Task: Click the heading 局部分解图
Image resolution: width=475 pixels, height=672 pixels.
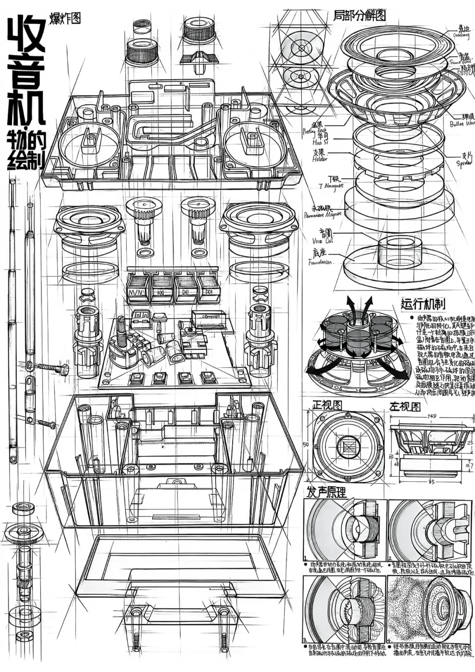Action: [359, 15]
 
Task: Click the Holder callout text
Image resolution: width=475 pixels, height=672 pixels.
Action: [320, 159]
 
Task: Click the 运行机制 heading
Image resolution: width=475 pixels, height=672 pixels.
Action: [422, 304]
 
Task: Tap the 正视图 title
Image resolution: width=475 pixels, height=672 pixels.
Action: [327, 404]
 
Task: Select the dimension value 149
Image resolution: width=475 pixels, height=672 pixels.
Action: [431, 416]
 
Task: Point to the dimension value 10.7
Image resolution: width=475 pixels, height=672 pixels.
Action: [469, 465]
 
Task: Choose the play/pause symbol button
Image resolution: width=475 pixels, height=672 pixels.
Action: [185, 292]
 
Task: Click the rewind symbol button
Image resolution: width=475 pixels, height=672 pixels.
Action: [161, 292]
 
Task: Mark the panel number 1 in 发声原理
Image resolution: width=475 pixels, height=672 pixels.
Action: [304, 558]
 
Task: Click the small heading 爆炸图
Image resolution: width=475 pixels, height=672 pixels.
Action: [65, 18]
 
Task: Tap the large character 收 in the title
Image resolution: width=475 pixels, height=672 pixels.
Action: [26, 35]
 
